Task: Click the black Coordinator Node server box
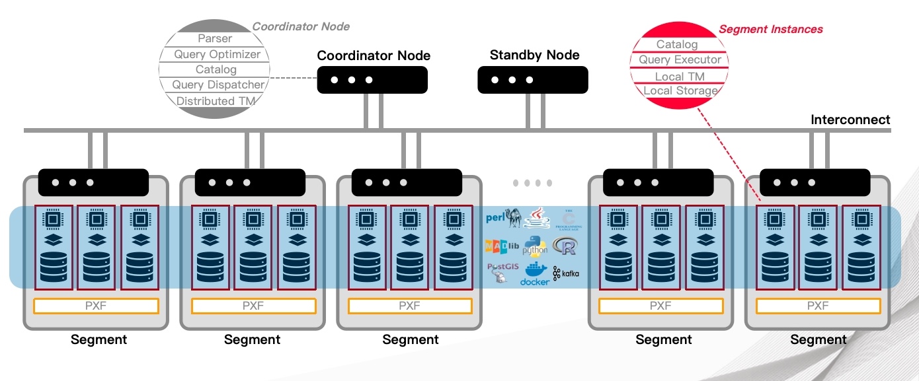[x=372, y=80]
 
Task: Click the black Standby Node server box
[x=532, y=79]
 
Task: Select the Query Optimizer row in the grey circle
[x=217, y=54]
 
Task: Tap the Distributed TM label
[x=215, y=101]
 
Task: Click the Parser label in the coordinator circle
[x=215, y=39]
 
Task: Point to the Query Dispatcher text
[x=218, y=85]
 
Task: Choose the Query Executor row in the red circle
[x=680, y=60]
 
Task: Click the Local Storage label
[x=680, y=91]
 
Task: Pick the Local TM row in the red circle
[x=679, y=77]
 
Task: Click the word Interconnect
[x=850, y=120]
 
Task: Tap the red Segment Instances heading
[x=770, y=29]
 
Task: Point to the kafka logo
[x=567, y=273]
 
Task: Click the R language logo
[x=565, y=246]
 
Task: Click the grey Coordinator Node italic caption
[x=301, y=26]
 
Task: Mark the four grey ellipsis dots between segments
[x=533, y=183]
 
